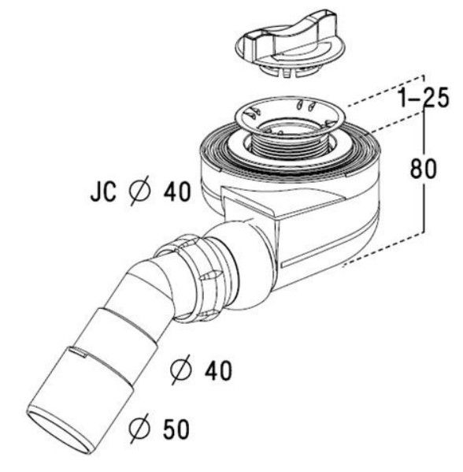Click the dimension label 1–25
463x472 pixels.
coord(424,98)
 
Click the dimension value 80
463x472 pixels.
coord(423,169)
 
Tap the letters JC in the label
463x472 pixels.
coord(103,191)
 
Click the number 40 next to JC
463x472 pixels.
coord(177,191)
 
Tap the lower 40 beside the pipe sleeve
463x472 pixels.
coord(218,370)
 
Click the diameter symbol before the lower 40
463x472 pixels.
coord(181,370)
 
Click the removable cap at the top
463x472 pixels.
coord(291,50)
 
